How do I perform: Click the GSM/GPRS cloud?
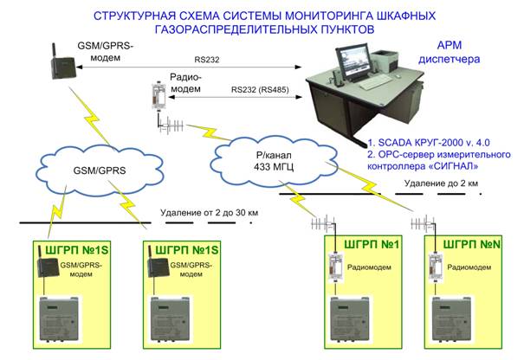pyautogui.click(x=100, y=170)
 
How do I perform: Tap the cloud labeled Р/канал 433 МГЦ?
pyautogui.click(x=274, y=161)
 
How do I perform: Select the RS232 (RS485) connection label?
pyautogui.click(x=260, y=89)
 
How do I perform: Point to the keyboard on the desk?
pyautogui.click(x=376, y=82)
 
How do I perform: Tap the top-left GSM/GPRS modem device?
pyautogui.click(x=62, y=62)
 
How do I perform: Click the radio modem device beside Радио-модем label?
pyautogui.click(x=158, y=96)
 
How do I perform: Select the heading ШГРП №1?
pyautogui.click(x=372, y=244)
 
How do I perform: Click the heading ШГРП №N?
pyautogui.click(x=471, y=244)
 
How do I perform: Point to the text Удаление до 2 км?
pyautogui.click(x=441, y=183)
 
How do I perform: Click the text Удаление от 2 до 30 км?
pyautogui.click(x=210, y=212)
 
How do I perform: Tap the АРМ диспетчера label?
pyautogui.click(x=450, y=53)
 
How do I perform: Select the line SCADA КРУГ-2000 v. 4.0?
pyautogui.click(x=429, y=143)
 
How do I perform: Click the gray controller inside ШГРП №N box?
pyautogui.click(x=451, y=319)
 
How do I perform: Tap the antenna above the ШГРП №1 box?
pyautogui.click(x=324, y=223)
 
